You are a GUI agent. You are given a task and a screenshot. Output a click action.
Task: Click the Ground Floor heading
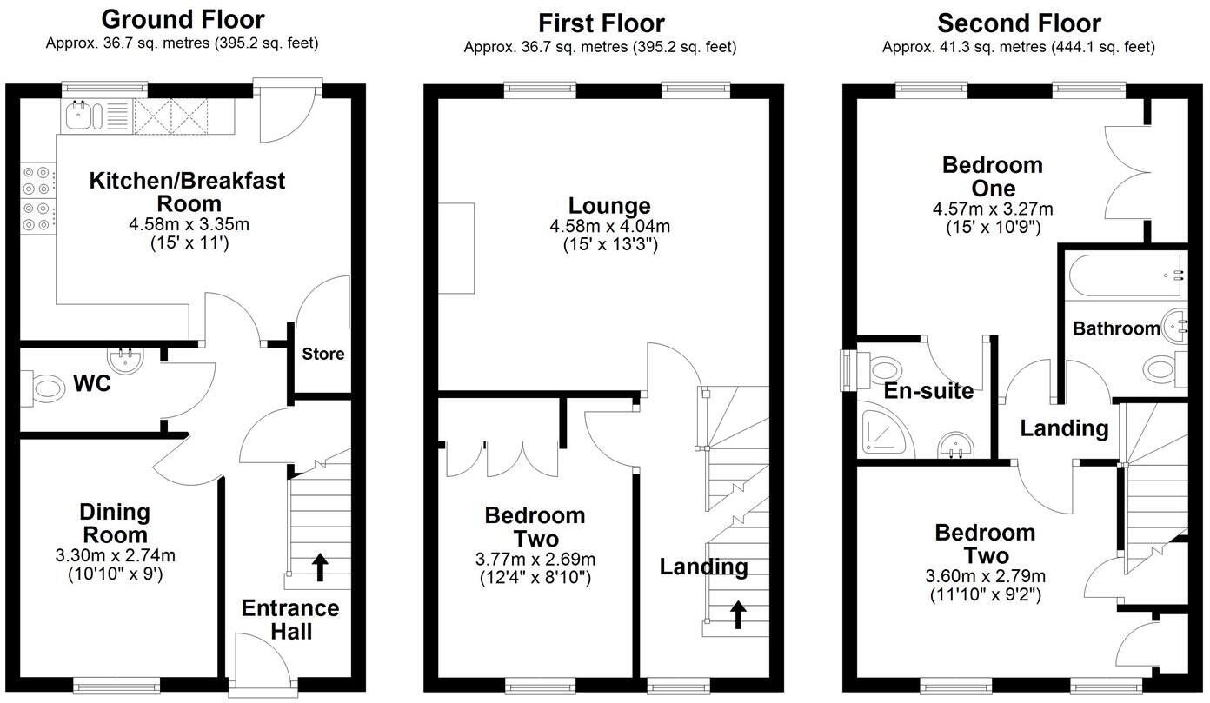[x=183, y=20]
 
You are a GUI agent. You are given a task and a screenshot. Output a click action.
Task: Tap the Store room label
[x=323, y=354]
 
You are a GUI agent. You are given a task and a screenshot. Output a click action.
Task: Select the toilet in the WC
[x=41, y=388]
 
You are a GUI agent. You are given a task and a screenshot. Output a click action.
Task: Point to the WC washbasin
[x=125, y=359]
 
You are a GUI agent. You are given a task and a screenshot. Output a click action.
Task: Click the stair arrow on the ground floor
[x=320, y=567]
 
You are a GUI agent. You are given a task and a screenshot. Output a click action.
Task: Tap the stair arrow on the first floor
[x=738, y=615]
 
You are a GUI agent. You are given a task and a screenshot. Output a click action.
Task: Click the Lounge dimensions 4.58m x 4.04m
[x=610, y=226]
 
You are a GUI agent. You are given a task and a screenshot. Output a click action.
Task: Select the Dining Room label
[x=115, y=523]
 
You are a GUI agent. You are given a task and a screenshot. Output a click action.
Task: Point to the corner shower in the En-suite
[x=885, y=435]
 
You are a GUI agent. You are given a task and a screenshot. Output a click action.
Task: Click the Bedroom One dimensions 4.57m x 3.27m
[x=993, y=209]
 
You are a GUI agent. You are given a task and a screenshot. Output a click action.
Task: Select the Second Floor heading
[x=1019, y=23]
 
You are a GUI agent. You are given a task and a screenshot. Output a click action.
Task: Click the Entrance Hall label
[x=290, y=620]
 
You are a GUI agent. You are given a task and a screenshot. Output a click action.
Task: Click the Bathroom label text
[x=1116, y=328]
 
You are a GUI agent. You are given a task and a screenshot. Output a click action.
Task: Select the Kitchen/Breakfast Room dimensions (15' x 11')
[x=189, y=243]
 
